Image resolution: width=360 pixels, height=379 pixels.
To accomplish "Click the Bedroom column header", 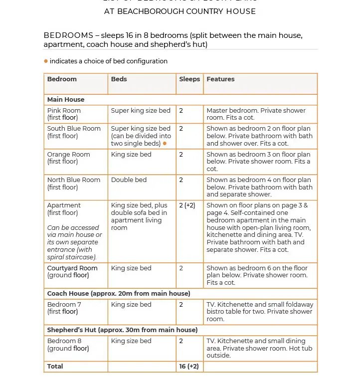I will tap(62, 79).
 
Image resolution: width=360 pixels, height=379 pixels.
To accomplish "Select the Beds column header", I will tap(119, 79).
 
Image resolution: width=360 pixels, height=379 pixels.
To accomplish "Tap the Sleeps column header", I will tap(189, 79).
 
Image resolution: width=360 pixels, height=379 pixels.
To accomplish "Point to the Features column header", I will tap(220, 79).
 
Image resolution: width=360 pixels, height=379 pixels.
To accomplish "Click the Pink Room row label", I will tap(64, 111).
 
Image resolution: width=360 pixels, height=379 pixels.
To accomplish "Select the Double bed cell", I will tap(129, 180).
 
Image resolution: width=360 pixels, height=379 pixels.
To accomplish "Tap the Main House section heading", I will tap(66, 100).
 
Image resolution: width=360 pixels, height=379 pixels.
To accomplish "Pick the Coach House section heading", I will tap(118, 294).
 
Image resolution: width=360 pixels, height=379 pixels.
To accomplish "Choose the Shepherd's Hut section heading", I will tap(122, 330).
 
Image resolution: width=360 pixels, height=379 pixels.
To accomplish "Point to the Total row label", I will tap(55, 367).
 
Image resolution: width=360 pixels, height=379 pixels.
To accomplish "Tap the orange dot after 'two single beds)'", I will tap(165, 144).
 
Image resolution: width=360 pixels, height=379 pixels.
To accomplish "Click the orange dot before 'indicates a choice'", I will tap(46, 61).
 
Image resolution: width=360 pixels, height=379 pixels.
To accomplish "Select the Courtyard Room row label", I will tap(73, 268).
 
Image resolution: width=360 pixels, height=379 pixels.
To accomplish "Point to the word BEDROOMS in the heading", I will tap(68, 35).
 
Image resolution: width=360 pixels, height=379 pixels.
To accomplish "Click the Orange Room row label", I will tap(68, 155).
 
